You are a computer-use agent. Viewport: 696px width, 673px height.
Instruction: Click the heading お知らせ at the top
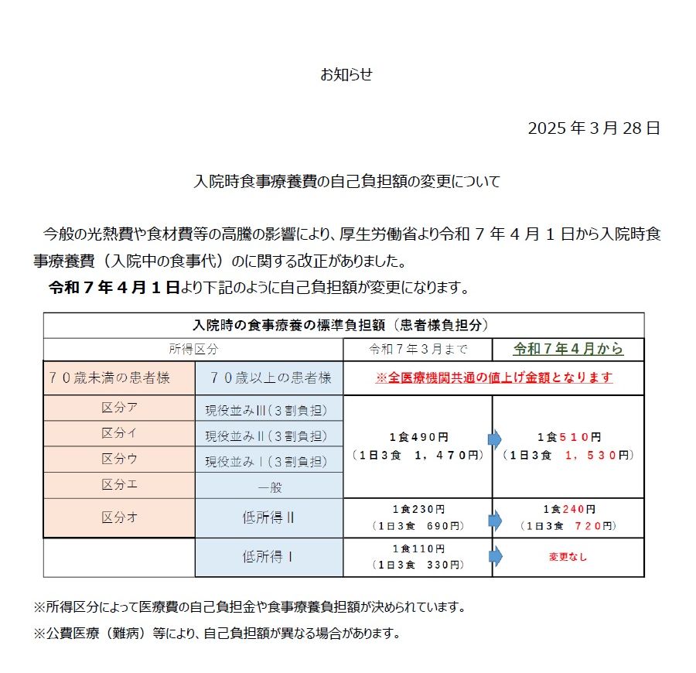[346, 75]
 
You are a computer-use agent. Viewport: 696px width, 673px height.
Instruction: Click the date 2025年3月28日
[593, 128]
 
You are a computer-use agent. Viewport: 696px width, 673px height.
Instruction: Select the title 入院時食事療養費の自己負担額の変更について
[346, 183]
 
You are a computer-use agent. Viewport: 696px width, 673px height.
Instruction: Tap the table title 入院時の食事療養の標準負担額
[343, 325]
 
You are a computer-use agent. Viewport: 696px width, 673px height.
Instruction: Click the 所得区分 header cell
[193, 349]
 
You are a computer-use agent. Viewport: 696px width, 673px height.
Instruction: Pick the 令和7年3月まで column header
[418, 349]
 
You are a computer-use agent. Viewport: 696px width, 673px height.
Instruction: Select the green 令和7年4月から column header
[568, 349]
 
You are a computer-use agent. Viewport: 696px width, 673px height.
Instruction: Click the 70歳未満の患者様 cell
[120, 378]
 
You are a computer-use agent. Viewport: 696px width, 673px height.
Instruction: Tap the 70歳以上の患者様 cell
[269, 378]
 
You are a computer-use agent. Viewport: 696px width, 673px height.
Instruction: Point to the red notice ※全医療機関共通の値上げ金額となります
[493, 378]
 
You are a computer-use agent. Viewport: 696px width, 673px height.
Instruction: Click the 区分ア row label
[120, 408]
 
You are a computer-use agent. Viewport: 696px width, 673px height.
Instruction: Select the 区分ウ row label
[120, 459]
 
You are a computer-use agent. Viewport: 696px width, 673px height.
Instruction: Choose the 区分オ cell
[120, 518]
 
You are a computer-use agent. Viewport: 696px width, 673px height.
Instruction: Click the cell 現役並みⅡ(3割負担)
[266, 435]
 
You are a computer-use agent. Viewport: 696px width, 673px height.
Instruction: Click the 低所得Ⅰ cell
[268, 557]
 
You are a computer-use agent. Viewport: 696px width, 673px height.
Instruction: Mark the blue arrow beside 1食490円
[495, 440]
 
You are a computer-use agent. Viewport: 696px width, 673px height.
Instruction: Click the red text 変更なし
[568, 557]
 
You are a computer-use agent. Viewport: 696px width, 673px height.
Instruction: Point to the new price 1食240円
[568, 510]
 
